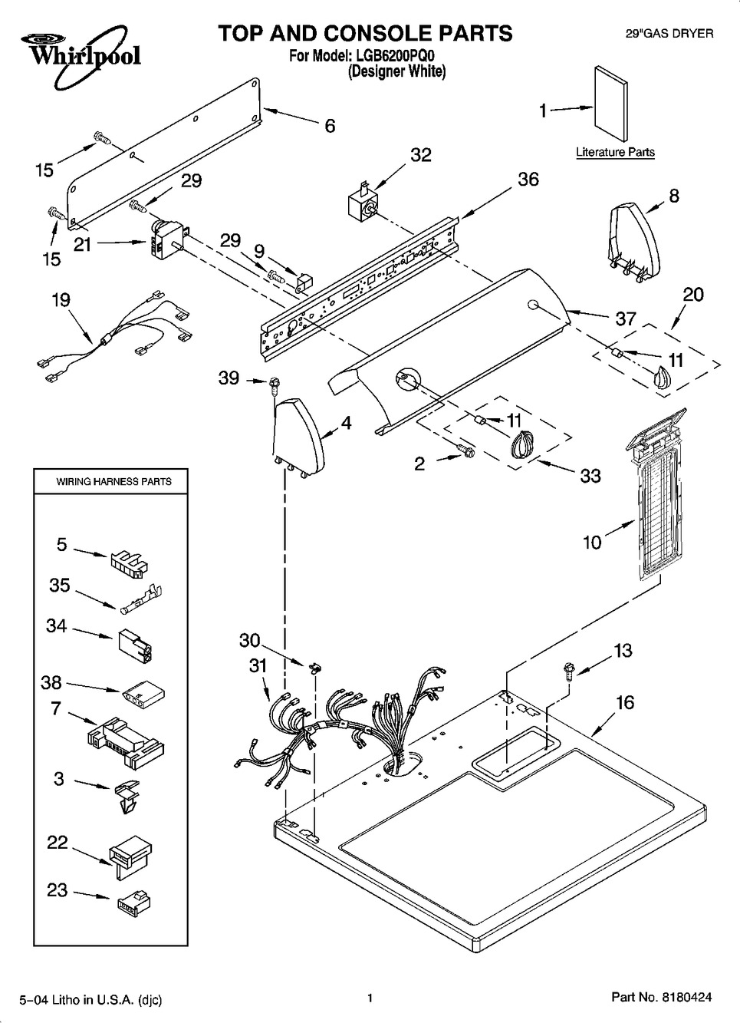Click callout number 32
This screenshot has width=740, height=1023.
pyautogui.click(x=421, y=155)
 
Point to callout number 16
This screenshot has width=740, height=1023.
pyautogui.click(x=625, y=702)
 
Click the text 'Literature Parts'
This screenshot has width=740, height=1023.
pyautogui.click(x=615, y=152)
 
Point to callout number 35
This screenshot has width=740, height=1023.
pyautogui.click(x=59, y=586)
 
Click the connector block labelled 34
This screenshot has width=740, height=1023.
pyautogui.click(x=134, y=646)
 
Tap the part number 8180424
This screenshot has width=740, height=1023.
pyautogui.click(x=682, y=997)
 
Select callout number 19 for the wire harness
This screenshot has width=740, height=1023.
pyautogui.click(x=61, y=300)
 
